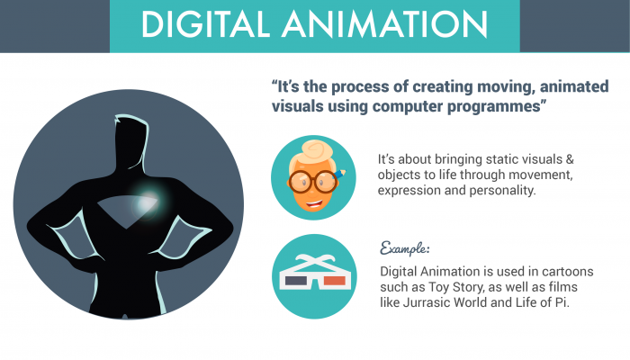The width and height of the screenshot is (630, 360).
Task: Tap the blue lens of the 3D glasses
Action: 298,281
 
